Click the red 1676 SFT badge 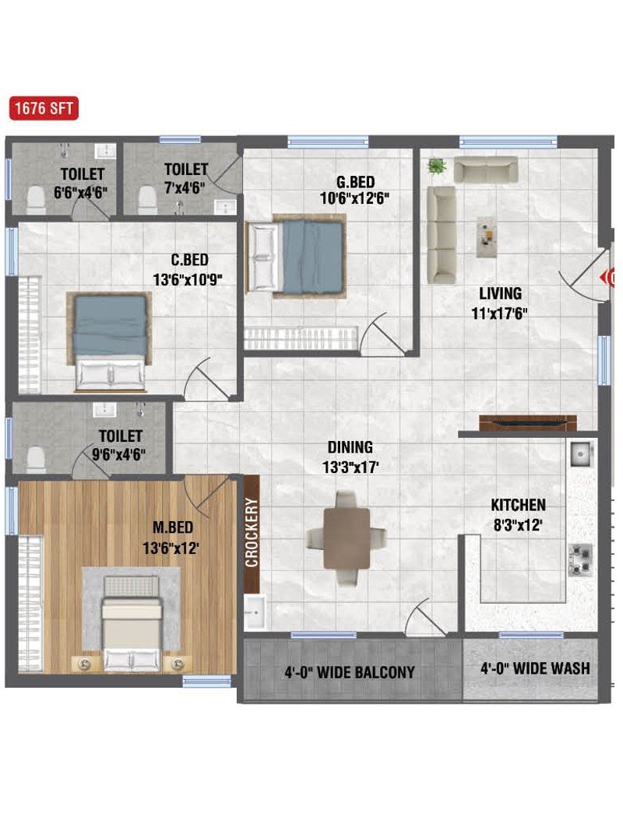coord(44,108)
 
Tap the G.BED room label coord(355,182)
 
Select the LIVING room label coord(500,293)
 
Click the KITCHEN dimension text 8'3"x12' coord(518,525)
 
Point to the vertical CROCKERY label coord(252,532)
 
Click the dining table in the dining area coord(347,538)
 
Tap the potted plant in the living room coord(437,166)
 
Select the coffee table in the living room coord(486,236)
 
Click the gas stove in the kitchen coord(580,559)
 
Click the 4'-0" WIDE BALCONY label coord(350,672)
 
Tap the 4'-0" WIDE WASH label coord(535,668)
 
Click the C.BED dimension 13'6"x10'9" coord(188,279)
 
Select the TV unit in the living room coord(528,423)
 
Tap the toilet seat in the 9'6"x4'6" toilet coord(36,459)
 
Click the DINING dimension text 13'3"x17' coord(350,468)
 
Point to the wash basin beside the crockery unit coord(255,611)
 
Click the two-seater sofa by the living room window coord(486,170)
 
